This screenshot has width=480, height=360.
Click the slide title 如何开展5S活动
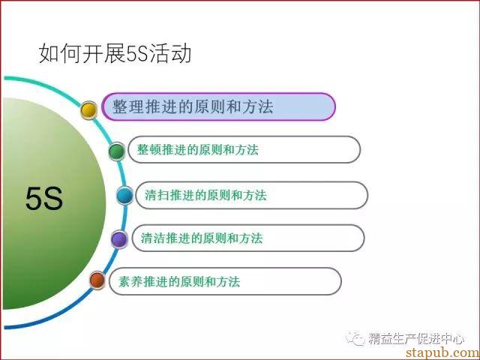click(x=115, y=53)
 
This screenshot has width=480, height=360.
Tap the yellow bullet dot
click(x=88, y=110)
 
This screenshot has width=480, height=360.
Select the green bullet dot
click(x=117, y=151)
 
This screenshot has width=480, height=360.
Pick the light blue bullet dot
click(x=125, y=195)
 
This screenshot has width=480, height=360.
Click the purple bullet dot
click(x=119, y=239)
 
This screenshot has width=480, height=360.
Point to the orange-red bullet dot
click(x=97, y=280)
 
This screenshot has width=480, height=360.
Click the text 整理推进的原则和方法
click(x=193, y=106)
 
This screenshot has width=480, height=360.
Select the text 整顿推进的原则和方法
click(x=198, y=150)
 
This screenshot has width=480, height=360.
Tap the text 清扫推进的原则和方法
click(x=205, y=195)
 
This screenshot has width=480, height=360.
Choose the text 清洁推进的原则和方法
click(x=202, y=238)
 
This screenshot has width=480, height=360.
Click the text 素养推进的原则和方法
click(x=179, y=282)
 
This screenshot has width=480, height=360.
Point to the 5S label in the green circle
click(x=44, y=199)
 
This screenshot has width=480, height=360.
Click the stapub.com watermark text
click(x=442, y=352)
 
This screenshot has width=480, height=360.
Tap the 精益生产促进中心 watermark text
click(x=416, y=338)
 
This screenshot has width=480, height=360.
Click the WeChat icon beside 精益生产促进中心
click(x=355, y=338)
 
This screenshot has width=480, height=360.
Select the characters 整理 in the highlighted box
click(x=128, y=106)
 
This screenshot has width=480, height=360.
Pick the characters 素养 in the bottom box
click(x=130, y=282)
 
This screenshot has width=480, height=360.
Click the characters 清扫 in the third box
click(x=157, y=195)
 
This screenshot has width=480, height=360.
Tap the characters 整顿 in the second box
click(x=149, y=150)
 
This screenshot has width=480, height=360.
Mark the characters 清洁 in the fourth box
click(x=153, y=238)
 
